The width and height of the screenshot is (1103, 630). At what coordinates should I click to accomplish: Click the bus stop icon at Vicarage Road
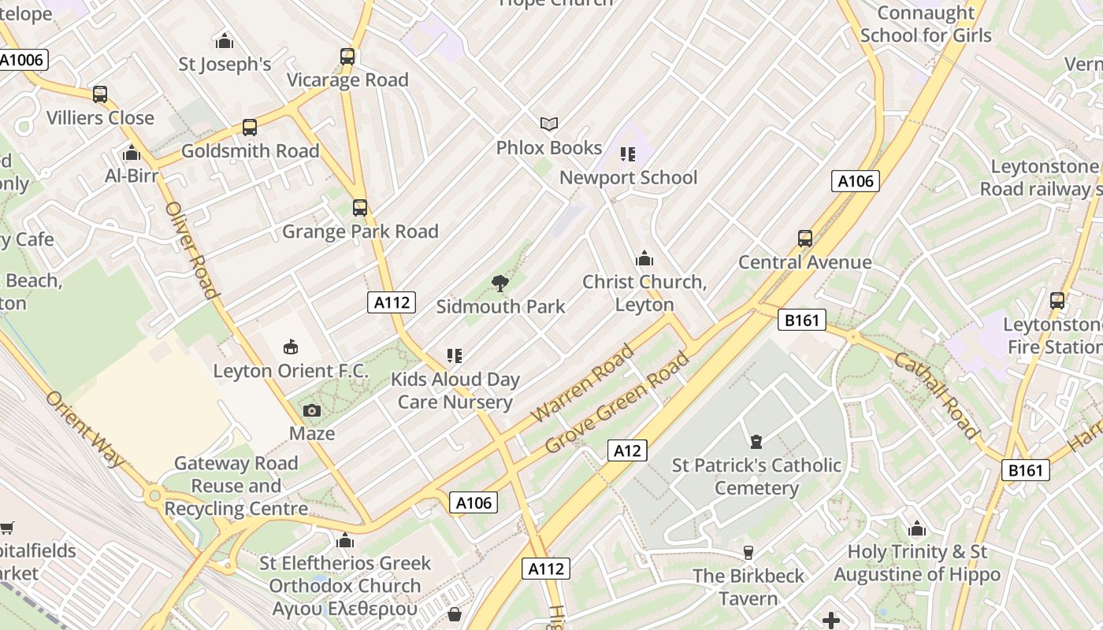point(347,57)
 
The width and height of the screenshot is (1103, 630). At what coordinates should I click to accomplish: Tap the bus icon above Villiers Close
point(100,94)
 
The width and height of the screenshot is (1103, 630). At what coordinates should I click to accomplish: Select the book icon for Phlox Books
point(549,124)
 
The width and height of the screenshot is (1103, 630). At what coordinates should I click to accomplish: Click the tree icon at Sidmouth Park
point(500,283)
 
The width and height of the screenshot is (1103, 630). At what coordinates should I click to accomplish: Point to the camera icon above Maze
point(312,410)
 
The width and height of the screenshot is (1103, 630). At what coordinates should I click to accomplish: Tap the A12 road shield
point(627,450)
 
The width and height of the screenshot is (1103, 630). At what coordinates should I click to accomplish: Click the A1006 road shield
point(23,60)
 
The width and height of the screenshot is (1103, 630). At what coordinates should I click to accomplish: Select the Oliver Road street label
point(191,250)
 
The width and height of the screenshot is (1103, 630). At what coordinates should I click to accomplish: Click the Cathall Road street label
point(936,395)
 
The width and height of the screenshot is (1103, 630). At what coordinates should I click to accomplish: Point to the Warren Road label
point(583,383)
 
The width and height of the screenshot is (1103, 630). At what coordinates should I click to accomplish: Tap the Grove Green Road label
point(618,402)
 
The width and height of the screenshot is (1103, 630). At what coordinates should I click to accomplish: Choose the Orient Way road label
point(85,429)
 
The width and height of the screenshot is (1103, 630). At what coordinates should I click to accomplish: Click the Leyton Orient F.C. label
point(291,371)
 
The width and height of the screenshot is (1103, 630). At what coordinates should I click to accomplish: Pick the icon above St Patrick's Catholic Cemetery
point(756,441)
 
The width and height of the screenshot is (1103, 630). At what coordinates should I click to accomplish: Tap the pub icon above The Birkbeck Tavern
point(748,552)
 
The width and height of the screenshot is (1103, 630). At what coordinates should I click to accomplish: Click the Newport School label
point(628,178)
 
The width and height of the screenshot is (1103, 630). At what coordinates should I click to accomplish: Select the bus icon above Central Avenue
point(804,239)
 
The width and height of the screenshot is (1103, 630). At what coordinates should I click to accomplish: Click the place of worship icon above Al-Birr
point(132,153)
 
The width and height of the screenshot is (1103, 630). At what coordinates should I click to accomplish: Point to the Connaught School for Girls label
point(926,24)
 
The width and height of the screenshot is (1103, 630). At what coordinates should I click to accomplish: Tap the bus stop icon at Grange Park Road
point(360,208)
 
